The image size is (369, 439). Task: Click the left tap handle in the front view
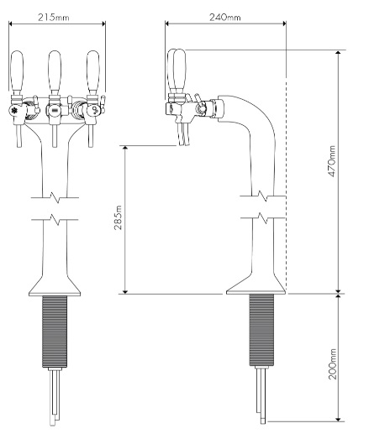point(20,76)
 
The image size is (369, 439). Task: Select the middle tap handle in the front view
point(56,76)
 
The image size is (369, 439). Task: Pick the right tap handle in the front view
point(92,76)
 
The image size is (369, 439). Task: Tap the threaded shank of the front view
point(55,332)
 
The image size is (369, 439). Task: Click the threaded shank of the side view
point(261,332)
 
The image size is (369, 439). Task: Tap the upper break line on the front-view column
point(55,201)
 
